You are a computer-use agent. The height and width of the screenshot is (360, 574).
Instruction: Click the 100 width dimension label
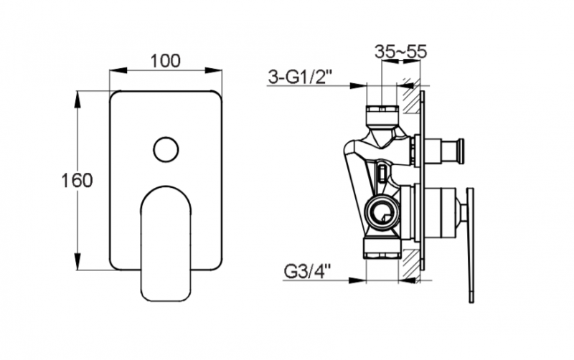pyautogui.click(x=166, y=61)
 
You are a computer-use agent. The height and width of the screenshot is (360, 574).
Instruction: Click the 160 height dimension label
pyautogui.click(x=77, y=181)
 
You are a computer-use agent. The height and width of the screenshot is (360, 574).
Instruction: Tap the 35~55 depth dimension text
pyautogui.click(x=400, y=52)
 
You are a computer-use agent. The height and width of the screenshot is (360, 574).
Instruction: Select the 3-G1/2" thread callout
pyautogui.click(x=300, y=77)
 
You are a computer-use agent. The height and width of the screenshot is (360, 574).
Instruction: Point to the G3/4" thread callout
pyautogui.click(x=307, y=272)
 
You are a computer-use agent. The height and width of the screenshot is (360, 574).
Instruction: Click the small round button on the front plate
pyautogui.click(x=166, y=150)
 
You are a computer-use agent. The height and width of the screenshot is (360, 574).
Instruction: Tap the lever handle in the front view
pyautogui.click(x=166, y=243)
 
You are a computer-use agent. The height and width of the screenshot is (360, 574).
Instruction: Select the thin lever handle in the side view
pyautogui.click(x=471, y=245)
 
